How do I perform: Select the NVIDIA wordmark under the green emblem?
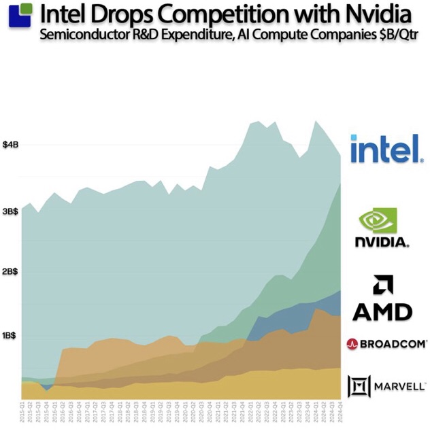382,242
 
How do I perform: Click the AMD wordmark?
382,311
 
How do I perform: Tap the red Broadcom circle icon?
353,344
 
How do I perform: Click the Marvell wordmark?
397,386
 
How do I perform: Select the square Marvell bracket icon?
359,386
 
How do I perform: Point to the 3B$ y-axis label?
10,211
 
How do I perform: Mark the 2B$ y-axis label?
10,271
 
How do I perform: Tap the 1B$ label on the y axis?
10,335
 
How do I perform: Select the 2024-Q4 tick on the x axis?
339,413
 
